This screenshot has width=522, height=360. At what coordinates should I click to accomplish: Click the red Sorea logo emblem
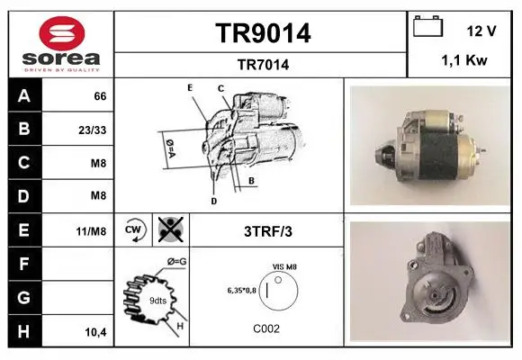tap(62, 33)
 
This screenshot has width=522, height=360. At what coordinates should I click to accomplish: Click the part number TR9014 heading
tap(263, 33)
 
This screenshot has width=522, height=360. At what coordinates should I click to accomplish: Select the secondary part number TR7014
tap(263, 65)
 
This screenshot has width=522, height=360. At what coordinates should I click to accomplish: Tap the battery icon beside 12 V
tap(428, 26)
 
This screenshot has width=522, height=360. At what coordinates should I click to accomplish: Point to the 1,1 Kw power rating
tap(464, 60)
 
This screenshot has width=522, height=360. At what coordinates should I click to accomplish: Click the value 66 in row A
tap(100, 96)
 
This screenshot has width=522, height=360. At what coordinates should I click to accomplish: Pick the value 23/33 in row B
tap(93, 130)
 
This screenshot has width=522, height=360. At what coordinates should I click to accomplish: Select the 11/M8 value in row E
tap(91, 231)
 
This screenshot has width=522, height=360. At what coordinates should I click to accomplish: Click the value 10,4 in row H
tap(96, 332)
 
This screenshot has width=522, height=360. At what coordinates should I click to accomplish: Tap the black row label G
tap(24, 298)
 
